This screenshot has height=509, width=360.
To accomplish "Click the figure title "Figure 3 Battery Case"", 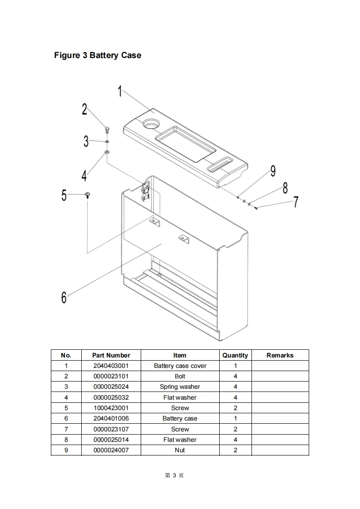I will [98, 55].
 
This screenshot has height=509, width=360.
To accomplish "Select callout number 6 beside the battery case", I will [64, 298].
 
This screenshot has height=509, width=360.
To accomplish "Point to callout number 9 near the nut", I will [273, 171].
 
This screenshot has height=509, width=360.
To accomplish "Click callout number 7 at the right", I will [296, 201].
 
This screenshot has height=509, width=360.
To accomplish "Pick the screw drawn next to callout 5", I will [87, 195].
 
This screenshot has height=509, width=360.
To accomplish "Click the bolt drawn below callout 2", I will [107, 130].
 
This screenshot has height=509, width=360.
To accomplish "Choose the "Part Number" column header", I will [111, 355].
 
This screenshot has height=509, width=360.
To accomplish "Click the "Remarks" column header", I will [280, 355].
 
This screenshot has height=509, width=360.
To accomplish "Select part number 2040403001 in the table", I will [111, 366].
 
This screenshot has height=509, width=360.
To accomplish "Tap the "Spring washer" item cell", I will [180, 387].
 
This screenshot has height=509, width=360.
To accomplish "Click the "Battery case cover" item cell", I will [180, 366].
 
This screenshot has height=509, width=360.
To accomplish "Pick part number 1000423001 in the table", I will [111, 408].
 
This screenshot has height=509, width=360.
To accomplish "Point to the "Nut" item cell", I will [180, 450].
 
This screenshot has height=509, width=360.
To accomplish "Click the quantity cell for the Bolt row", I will [235, 376].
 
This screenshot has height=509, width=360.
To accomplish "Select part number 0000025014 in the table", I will [111, 440].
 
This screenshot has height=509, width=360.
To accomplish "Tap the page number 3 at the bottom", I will [174, 475].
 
